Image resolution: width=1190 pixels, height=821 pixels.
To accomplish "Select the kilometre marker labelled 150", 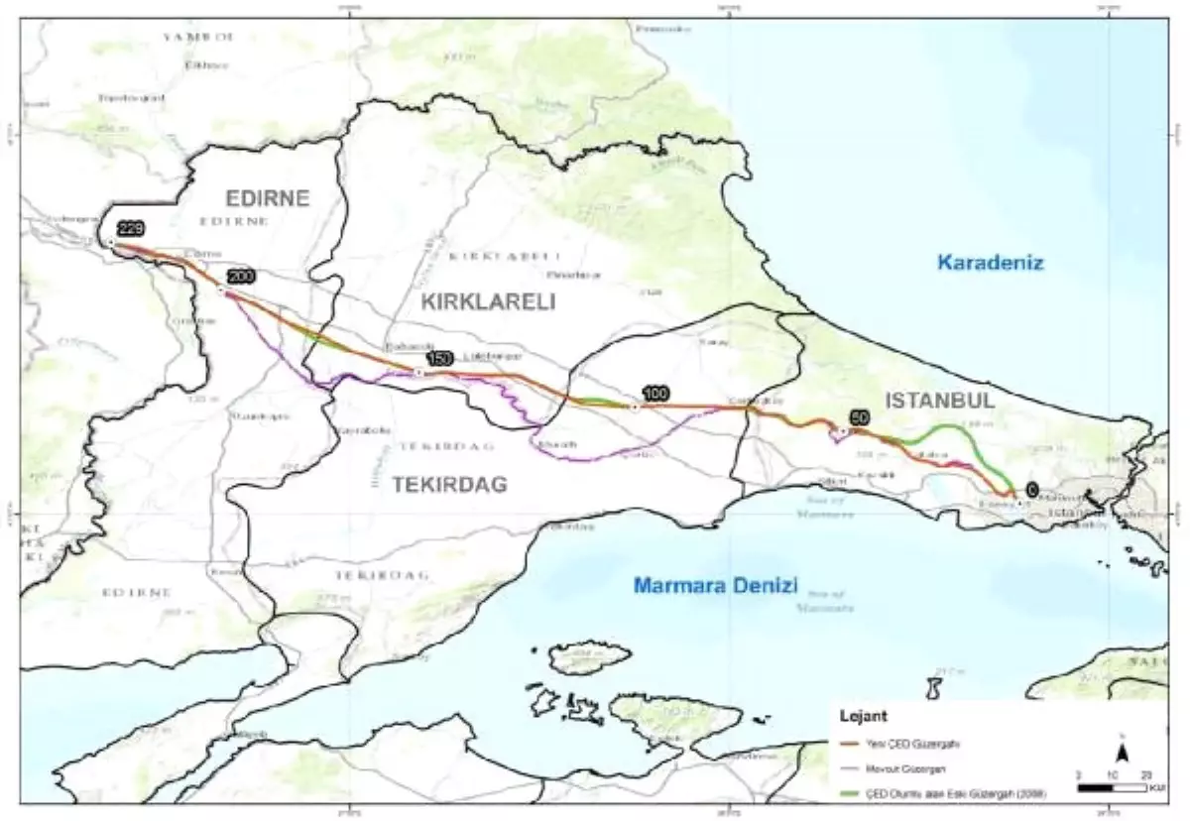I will (x=438, y=358).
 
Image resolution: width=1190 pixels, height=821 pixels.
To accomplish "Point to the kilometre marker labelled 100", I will (x=654, y=394).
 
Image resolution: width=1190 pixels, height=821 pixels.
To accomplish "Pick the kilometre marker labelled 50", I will (x=860, y=418).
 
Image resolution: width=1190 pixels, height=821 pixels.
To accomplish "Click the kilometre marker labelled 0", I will (x=1032, y=489).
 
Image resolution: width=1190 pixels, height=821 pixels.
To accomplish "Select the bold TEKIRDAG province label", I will (x=449, y=484).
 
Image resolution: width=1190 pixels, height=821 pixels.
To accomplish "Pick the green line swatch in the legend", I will (x=854, y=792).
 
